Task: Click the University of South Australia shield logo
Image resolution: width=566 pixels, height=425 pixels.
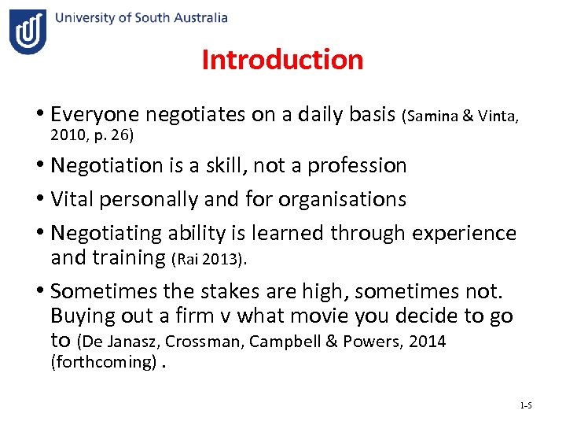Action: pyautogui.click(x=28, y=32)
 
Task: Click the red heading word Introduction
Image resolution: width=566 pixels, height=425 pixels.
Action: pyautogui.click(x=282, y=60)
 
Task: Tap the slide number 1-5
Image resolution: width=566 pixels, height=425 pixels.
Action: pyautogui.click(x=526, y=405)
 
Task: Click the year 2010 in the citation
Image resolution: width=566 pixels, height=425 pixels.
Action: pyautogui.click(x=66, y=135)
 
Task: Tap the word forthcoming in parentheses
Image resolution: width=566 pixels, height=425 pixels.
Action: pyautogui.click(x=103, y=362)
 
